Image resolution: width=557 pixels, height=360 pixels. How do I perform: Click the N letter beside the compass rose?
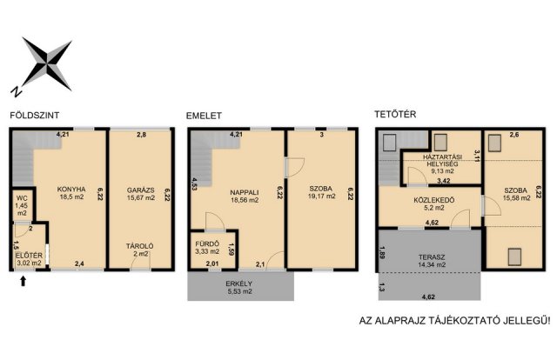[x=16, y=91]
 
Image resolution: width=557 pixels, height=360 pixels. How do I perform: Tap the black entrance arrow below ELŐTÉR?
[x=23, y=281]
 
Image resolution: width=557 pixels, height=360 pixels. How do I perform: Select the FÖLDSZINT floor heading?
[x=35, y=116]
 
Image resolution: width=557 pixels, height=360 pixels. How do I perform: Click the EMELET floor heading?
[x=204, y=116]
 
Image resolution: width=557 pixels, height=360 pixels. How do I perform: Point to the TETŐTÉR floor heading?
[x=395, y=114]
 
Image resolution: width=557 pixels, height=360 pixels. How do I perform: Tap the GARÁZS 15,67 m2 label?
[x=141, y=194]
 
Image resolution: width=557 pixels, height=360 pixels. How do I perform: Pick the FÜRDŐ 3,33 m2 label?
[x=207, y=248]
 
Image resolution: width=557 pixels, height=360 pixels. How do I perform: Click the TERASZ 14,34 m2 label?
[x=432, y=261]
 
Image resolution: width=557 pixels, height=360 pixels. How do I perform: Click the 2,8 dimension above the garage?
[x=141, y=135]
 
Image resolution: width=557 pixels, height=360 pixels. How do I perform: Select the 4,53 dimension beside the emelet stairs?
[x=194, y=184]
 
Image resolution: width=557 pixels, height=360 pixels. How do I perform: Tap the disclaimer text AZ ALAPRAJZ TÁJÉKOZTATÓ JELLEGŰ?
[x=454, y=321]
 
